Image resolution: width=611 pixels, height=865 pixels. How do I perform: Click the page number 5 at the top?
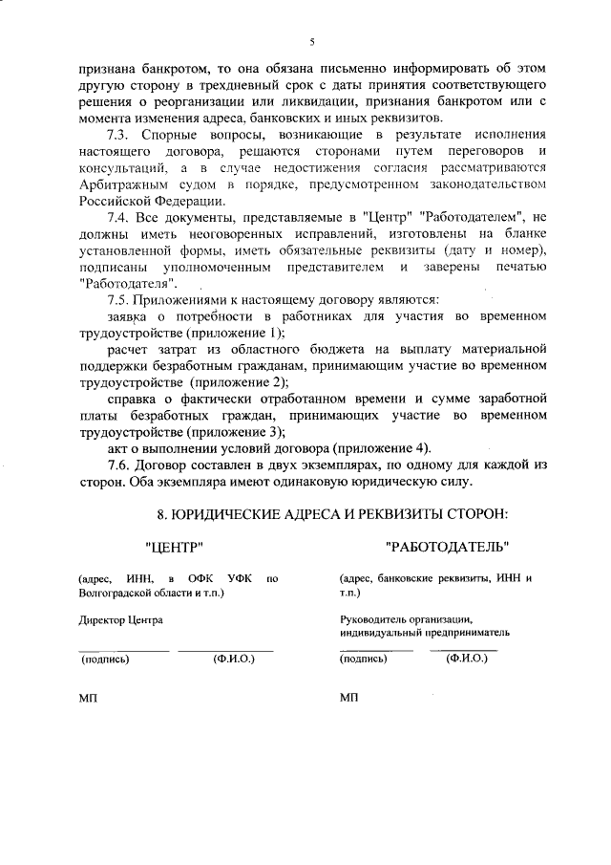pos(311,42)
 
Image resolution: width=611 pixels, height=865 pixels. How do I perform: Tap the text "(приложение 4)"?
pos(382,448)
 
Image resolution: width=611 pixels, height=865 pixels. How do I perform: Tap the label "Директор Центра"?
pos(119,620)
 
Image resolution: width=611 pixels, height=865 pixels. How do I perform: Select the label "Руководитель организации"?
pos(407,619)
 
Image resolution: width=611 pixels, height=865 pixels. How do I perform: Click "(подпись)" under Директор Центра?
pos(106,659)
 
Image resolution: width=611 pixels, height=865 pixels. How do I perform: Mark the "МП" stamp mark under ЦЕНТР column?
pos(88,698)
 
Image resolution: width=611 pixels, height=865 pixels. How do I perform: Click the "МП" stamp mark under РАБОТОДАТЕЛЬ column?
pos(348,698)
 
